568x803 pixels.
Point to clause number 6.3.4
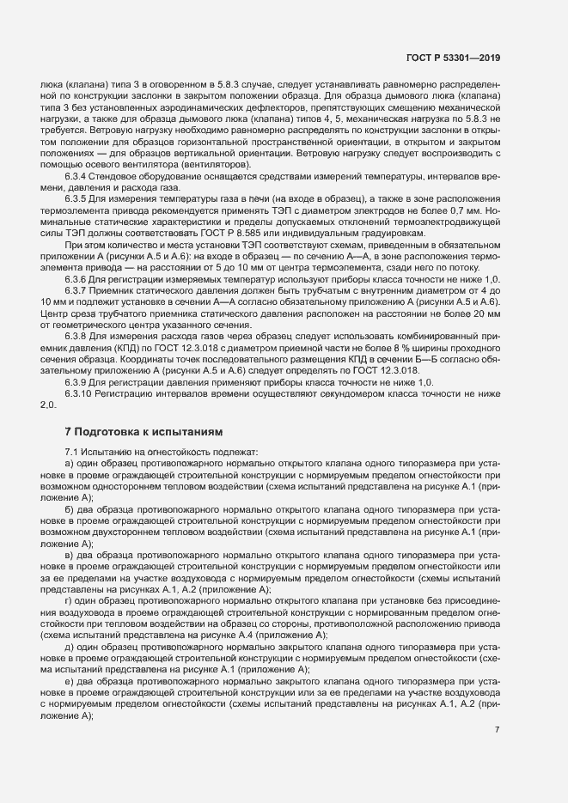click(x=77, y=177)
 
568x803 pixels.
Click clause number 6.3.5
click(x=77, y=198)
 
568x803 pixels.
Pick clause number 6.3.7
click(x=77, y=292)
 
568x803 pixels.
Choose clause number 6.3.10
click(x=80, y=392)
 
